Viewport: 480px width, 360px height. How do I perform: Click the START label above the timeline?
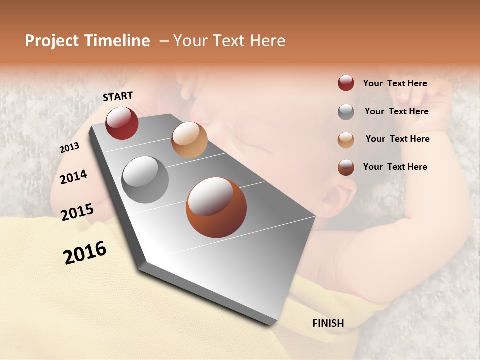tap(118, 96)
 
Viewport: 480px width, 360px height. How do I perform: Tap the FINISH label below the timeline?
tap(328, 323)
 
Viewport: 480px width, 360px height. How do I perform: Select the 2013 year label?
tap(69, 148)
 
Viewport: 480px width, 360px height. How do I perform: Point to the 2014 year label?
tap(73, 177)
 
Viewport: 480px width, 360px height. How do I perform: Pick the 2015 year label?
tap(77, 212)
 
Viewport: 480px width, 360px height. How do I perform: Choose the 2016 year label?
tap(85, 252)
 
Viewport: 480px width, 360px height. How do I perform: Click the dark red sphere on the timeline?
tap(122, 123)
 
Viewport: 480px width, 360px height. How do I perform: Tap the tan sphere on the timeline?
tap(189, 140)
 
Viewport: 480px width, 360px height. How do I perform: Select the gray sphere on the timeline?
tap(145, 180)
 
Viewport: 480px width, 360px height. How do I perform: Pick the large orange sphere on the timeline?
tap(216, 207)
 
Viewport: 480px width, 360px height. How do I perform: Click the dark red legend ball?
tap(346, 83)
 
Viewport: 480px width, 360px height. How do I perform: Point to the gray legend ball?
tap(346, 112)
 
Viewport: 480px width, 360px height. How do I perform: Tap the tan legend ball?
tap(346, 140)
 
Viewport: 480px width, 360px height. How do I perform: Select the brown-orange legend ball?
tap(346, 167)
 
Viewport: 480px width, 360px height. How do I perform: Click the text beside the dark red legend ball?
tap(395, 84)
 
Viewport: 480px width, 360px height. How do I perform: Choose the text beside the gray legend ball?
tap(396, 111)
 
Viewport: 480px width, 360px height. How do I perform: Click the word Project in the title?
tap(52, 41)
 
